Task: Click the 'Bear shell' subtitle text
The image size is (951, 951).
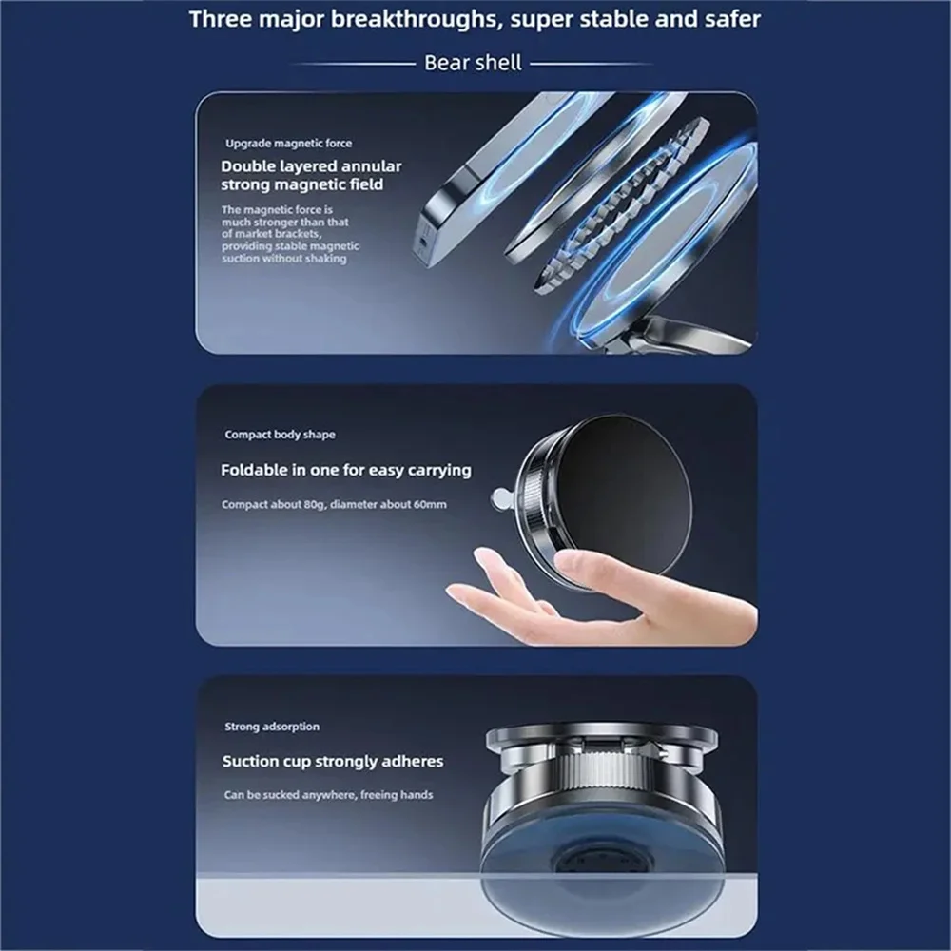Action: [473, 63]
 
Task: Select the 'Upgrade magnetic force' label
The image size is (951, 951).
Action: [288, 143]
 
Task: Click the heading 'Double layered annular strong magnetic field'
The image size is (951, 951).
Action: [311, 175]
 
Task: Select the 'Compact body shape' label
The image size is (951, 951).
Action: [280, 435]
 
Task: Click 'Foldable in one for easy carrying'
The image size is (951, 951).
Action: [345, 470]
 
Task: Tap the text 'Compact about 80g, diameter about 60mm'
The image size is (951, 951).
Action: [333, 504]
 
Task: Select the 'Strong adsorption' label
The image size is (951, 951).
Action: [272, 727]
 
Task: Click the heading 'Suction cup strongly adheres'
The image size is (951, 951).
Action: [332, 761]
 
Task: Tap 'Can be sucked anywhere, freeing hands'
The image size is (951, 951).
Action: [328, 794]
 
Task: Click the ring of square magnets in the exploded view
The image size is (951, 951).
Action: [623, 204]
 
